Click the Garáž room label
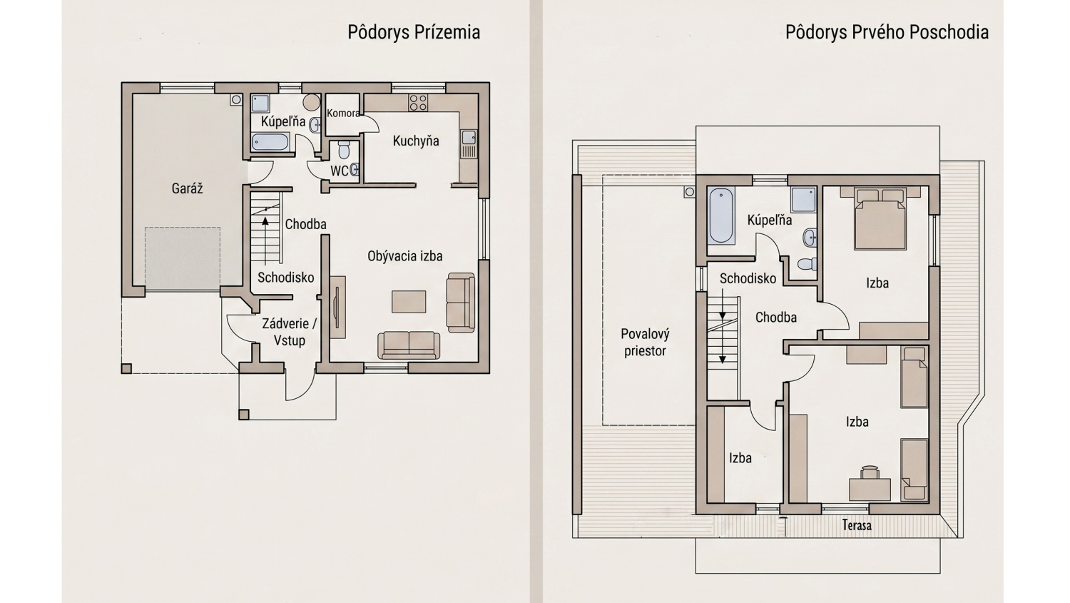187,188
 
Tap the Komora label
343,113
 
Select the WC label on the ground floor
339,171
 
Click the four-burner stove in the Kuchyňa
418,102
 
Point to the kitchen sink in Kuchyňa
469,138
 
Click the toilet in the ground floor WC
343,150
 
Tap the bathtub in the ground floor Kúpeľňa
270,142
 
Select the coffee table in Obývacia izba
409,301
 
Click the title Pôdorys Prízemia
414,33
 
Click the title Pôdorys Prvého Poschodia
887,33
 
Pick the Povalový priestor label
645,343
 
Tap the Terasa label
857,526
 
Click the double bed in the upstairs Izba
880,218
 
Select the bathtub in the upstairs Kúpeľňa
720,216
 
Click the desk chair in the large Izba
870,472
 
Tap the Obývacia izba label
405,256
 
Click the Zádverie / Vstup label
290,332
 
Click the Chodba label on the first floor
776,318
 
